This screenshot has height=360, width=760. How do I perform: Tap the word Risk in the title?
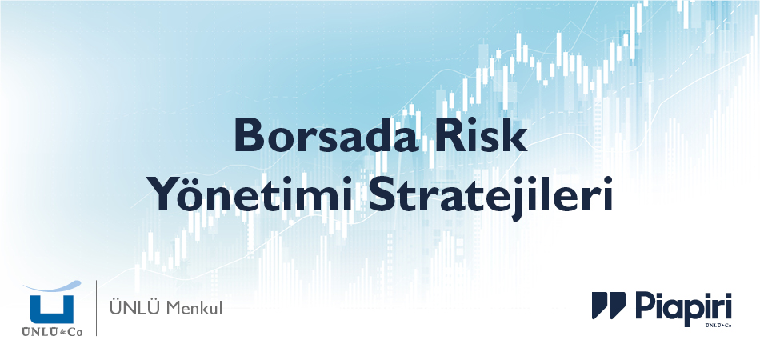coord(489,136)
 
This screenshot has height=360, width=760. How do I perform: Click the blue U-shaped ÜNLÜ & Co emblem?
coord(51,308)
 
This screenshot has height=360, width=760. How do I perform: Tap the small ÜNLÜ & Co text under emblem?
coord(51,330)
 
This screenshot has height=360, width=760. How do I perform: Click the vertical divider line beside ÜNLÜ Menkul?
coord(97,307)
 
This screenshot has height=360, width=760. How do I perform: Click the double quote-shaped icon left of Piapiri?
coord(609,306)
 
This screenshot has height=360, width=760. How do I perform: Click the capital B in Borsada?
coord(246,136)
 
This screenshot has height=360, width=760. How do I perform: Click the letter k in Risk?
coord(518,136)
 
